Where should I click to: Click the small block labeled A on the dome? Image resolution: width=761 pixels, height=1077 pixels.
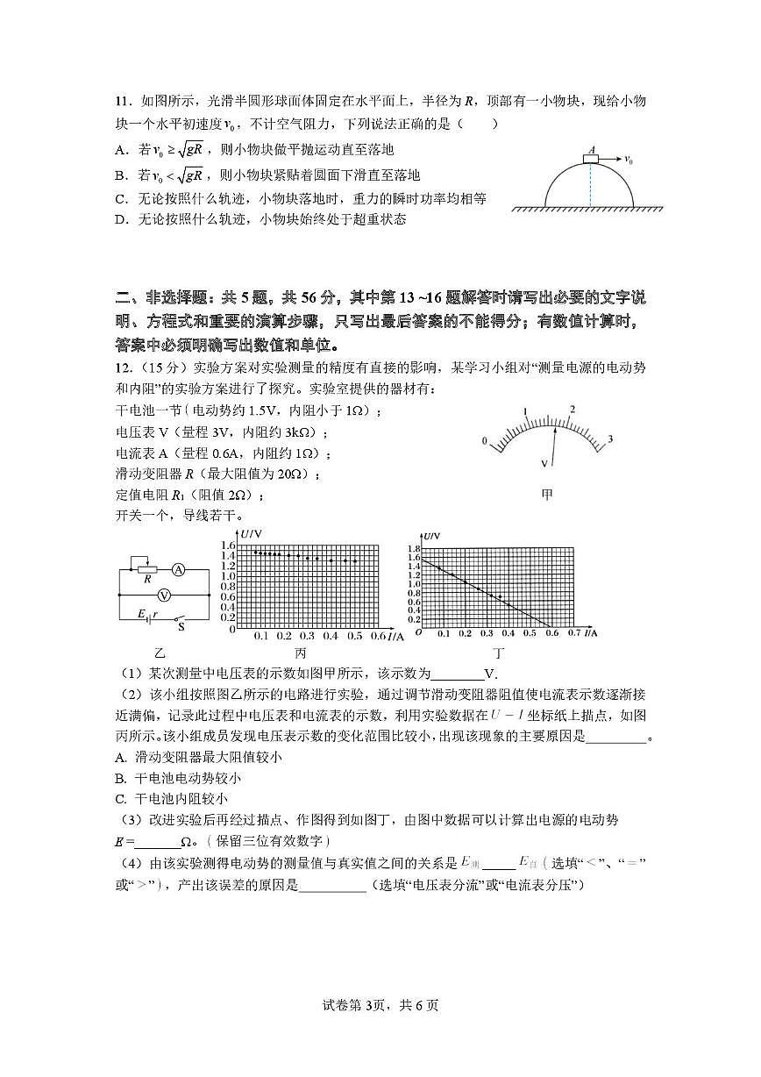click(x=591, y=159)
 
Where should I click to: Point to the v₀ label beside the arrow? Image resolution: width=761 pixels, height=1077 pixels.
click(x=628, y=160)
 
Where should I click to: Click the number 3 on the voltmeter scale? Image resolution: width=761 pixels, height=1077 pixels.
click(x=610, y=439)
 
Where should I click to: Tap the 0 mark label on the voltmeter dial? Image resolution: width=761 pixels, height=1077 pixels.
click(x=482, y=440)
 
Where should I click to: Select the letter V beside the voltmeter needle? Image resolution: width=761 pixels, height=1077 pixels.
click(x=544, y=462)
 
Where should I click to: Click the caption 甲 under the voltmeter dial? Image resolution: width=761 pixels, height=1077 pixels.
click(x=547, y=496)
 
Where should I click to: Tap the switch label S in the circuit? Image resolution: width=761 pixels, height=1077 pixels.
click(x=181, y=626)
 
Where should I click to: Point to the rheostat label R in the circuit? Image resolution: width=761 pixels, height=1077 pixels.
click(x=147, y=580)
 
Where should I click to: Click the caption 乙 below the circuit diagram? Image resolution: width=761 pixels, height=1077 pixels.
click(x=159, y=653)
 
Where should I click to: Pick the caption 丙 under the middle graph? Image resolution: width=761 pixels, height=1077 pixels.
click(x=301, y=653)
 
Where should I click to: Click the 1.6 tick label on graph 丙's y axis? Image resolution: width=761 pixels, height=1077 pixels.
click(x=227, y=546)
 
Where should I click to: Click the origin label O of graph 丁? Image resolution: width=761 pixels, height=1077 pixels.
click(x=418, y=632)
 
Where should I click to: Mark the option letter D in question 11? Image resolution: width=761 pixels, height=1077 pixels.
click(x=121, y=219)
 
